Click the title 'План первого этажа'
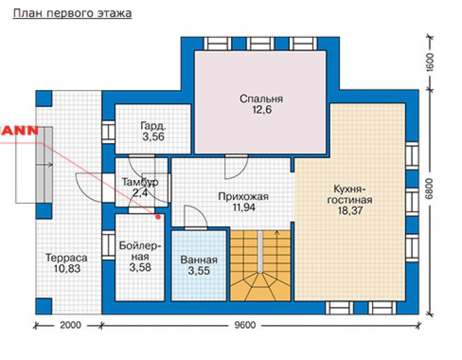point(72,13)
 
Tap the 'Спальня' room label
point(261,99)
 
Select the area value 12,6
point(262,110)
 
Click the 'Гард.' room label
point(153,126)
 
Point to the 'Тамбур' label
point(140,182)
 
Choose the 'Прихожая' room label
point(243,196)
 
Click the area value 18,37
point(350,211)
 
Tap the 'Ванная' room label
point(199,260)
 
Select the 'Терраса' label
point(67,257)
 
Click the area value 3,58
point(140,267)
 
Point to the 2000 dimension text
point(71,325)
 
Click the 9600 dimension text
point(245,325)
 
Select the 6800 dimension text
point(430,189)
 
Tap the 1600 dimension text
point(430,62)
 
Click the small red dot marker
point(158,217)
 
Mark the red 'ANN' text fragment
point(19,131)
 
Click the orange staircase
point(260,266)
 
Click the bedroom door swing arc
point(236,167)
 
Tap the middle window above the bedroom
point(260,44)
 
